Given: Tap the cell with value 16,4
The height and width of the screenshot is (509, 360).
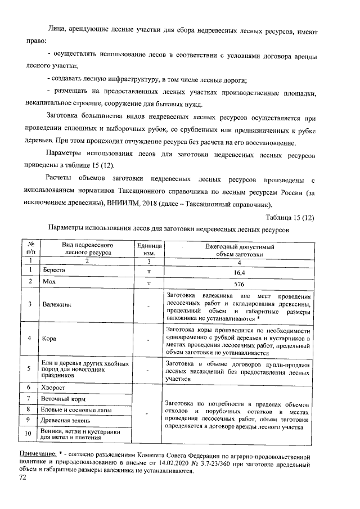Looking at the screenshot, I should (240, 272).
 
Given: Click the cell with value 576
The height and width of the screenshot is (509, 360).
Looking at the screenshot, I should (240, 283).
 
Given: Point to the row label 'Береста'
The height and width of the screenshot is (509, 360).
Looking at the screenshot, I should (54, 271).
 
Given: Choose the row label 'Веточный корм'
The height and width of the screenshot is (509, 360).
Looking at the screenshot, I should (62, 399).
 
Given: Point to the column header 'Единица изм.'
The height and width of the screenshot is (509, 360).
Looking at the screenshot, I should (149, 250).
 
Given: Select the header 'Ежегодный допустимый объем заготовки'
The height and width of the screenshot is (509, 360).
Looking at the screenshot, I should (240, 250).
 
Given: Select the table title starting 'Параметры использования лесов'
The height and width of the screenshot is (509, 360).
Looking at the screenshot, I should (169, 229).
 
